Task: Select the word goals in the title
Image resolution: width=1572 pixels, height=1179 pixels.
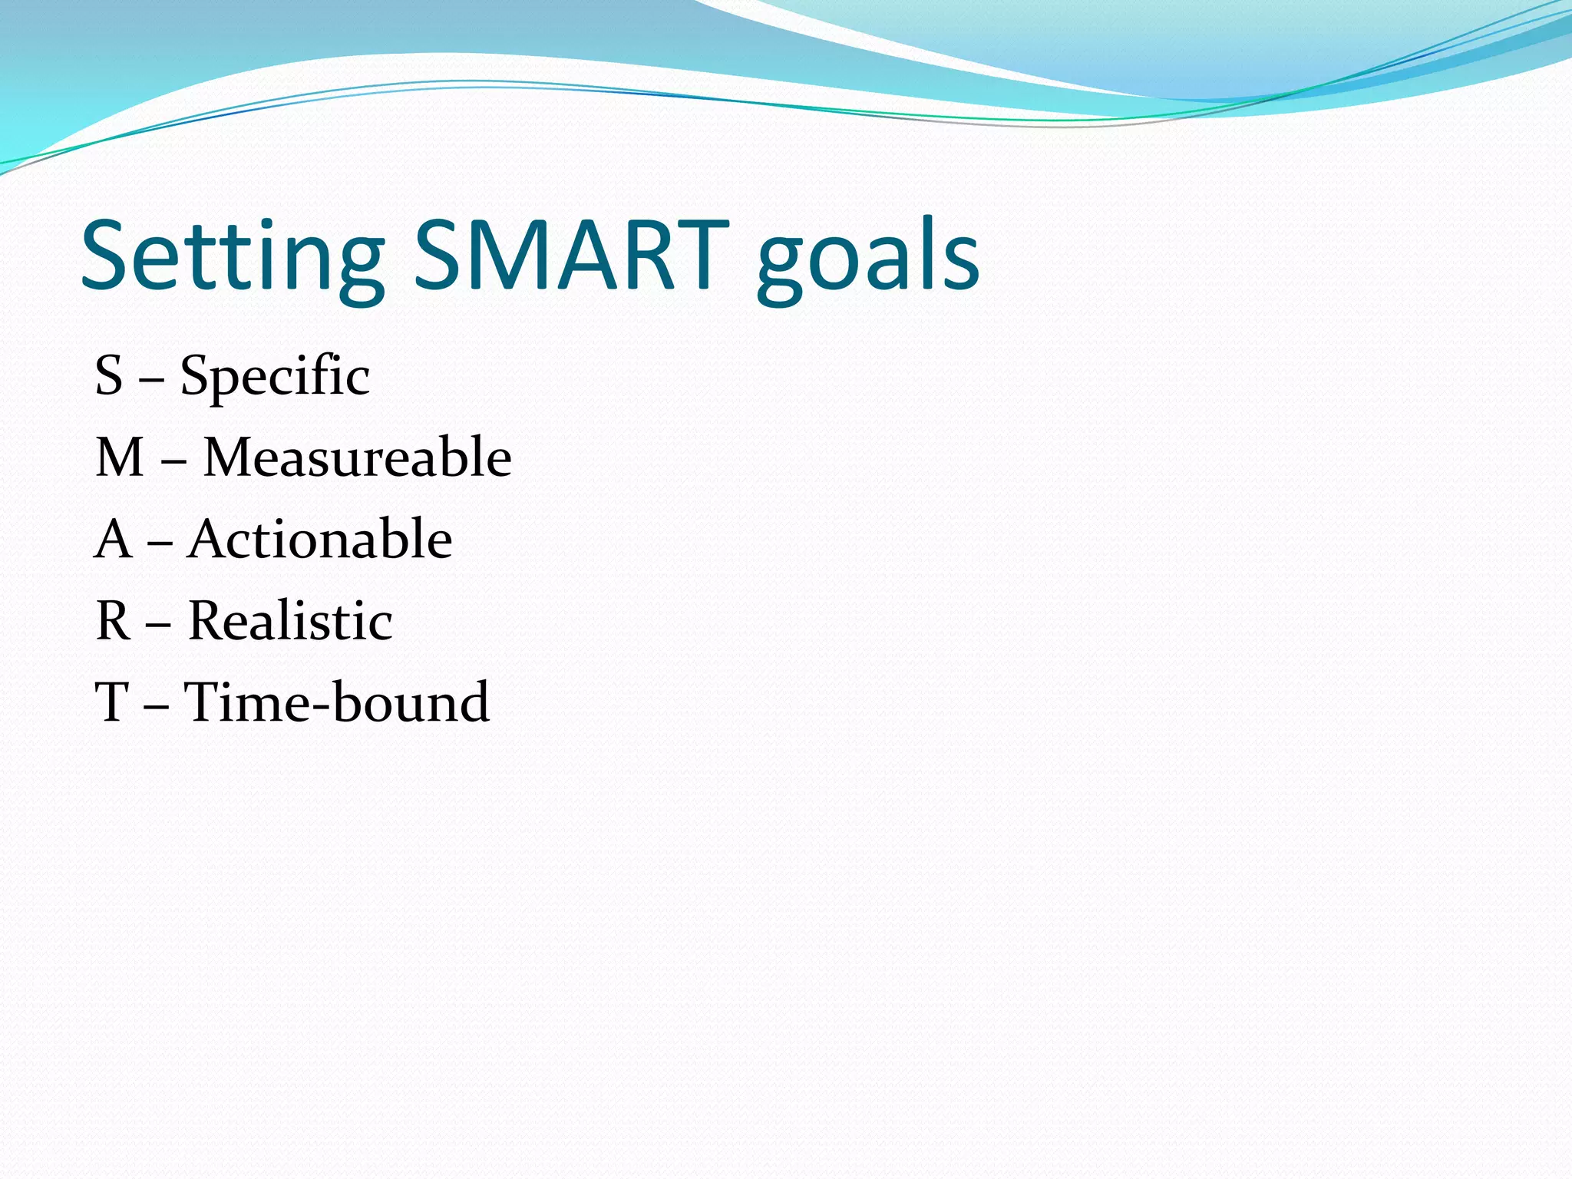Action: click(x=867, y=261)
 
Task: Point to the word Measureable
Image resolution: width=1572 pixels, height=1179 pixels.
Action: click(x=357, y=457)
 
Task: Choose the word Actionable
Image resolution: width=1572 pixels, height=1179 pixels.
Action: click(x=319, y=539)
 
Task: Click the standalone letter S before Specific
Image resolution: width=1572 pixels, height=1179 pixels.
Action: click(x=109, y=376)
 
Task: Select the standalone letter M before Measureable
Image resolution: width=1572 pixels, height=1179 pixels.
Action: click(x=120, y=457)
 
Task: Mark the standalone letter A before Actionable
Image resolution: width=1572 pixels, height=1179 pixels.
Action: click(x=114, y=539)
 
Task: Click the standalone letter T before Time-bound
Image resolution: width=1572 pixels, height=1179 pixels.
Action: click(x=111, y=702)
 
